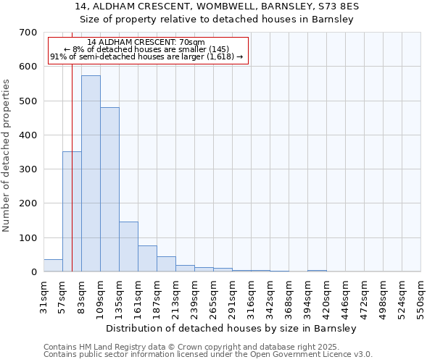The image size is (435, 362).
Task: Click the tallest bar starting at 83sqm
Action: (91, 174)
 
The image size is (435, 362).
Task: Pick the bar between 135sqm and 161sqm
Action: (128, 247)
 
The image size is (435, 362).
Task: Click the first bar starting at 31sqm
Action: (53, 266)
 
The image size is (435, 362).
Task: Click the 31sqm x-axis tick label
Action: (44, 297)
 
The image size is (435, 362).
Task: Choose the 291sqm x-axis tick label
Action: (233, 297)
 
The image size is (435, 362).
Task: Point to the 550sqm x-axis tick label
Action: (421, 297)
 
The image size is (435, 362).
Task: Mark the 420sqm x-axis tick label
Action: (327, 297)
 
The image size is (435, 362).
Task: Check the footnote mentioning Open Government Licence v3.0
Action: (208, 355)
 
